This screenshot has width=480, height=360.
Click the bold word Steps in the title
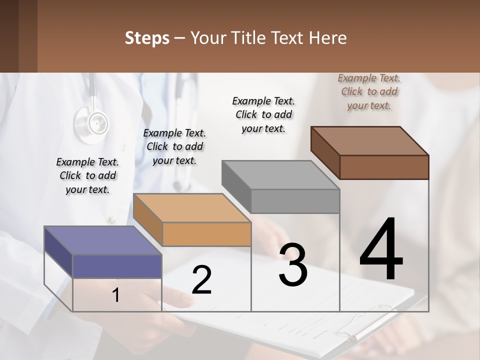(147, 38)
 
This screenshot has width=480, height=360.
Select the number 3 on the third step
(292, 265)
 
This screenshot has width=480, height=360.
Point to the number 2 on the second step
(201, 280)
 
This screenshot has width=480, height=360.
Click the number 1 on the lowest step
(115, 295)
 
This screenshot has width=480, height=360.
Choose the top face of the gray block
(280, 174)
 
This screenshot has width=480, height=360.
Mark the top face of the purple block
(103, 240)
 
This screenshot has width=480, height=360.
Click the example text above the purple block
(87, 175)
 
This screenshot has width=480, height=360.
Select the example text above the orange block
(174, 146)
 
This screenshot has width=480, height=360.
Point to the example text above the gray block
(263, 114)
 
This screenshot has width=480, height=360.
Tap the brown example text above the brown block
(369, 91)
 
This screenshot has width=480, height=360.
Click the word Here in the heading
(328, 38)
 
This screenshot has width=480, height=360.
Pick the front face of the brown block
(384, 167)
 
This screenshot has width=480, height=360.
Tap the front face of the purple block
(117, 266)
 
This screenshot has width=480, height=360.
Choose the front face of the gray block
(295, 201)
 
